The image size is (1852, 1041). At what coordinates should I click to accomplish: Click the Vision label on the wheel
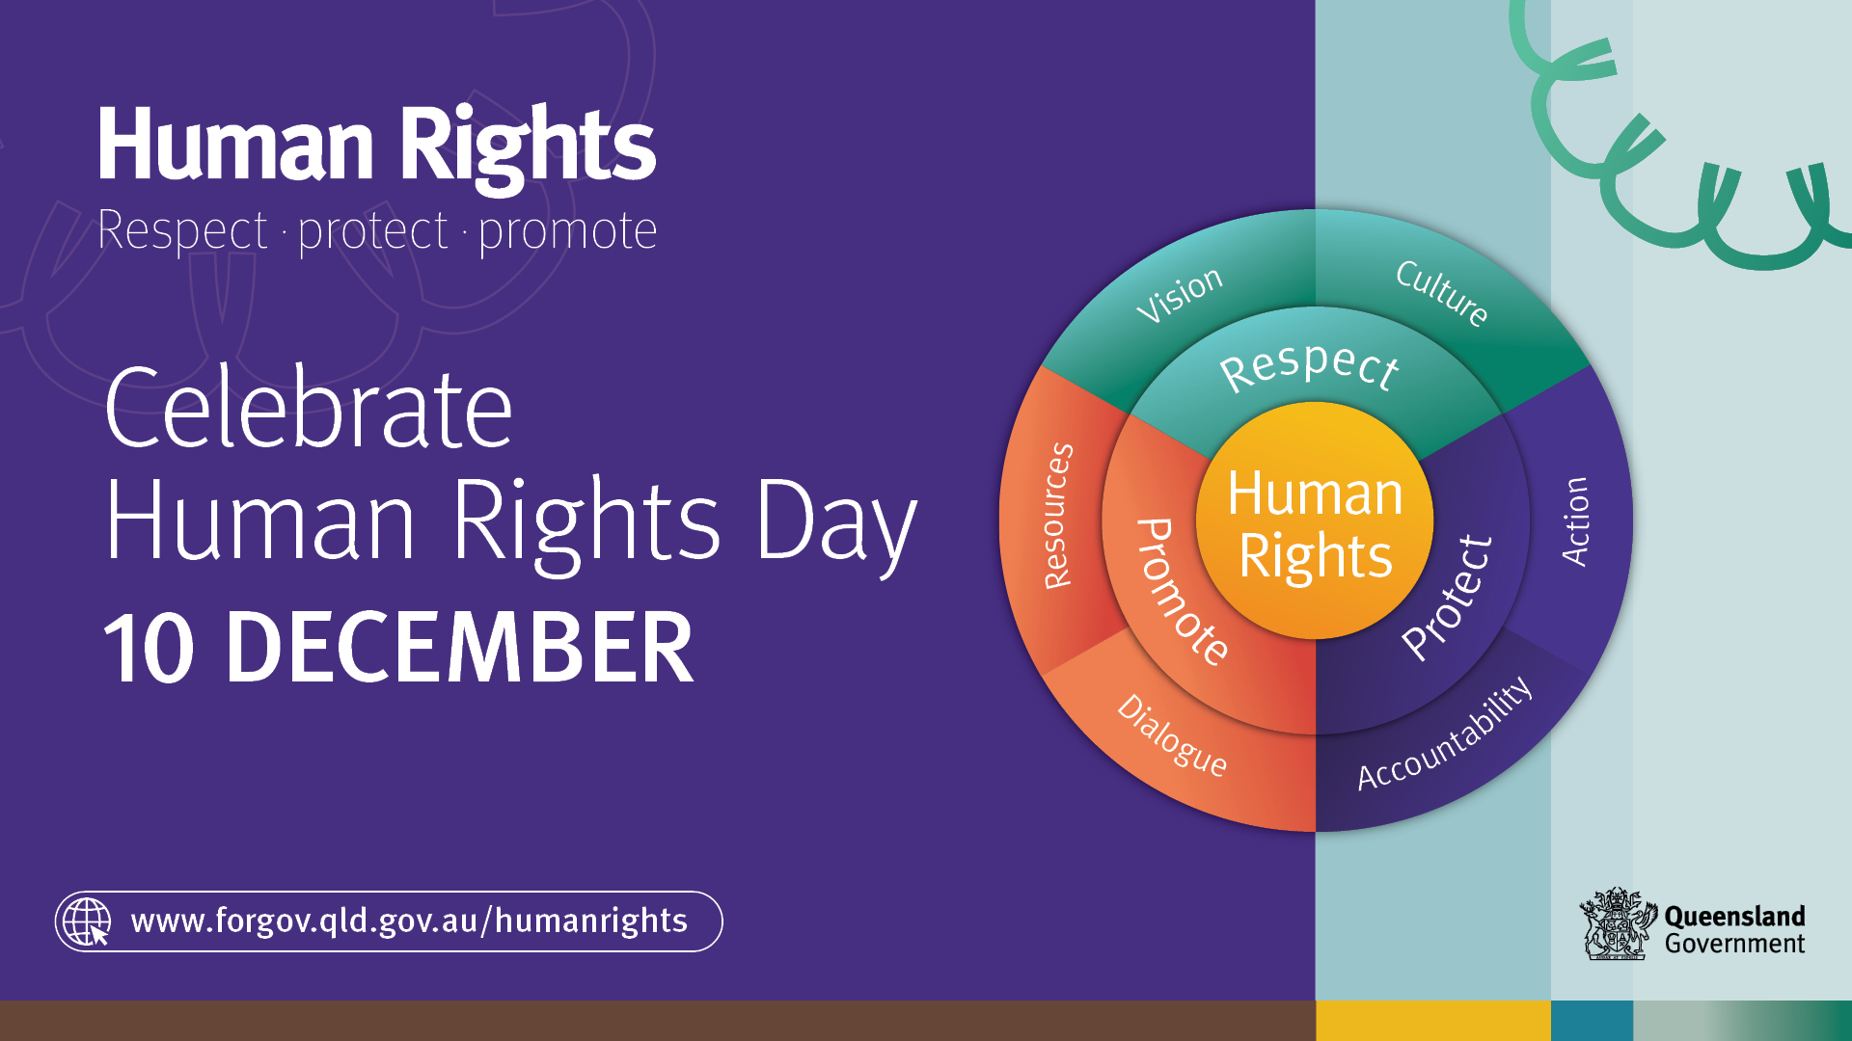click(1179, 295)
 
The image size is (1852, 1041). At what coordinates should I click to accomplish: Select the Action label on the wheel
click(1574, 521)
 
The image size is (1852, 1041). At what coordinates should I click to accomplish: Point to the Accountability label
click(1444, 734)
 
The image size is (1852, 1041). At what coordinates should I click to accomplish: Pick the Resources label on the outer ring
click(1058, 516)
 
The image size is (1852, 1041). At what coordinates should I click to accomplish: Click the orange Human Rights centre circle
click(1315, 520)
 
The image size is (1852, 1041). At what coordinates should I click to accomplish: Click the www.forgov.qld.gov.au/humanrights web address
click(409, 921)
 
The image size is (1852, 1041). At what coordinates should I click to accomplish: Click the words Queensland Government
click(1734, 930)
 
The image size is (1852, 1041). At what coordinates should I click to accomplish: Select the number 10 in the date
click(149, 647)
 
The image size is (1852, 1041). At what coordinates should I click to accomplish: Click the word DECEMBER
click(459, 647)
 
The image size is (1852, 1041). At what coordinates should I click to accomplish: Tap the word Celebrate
click(309, 409)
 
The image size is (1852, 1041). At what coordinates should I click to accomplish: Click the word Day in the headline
click(835, 522)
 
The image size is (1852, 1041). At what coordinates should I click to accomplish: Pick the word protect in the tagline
click(373, 231)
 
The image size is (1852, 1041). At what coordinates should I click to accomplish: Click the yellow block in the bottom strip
click(1433, 1021)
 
